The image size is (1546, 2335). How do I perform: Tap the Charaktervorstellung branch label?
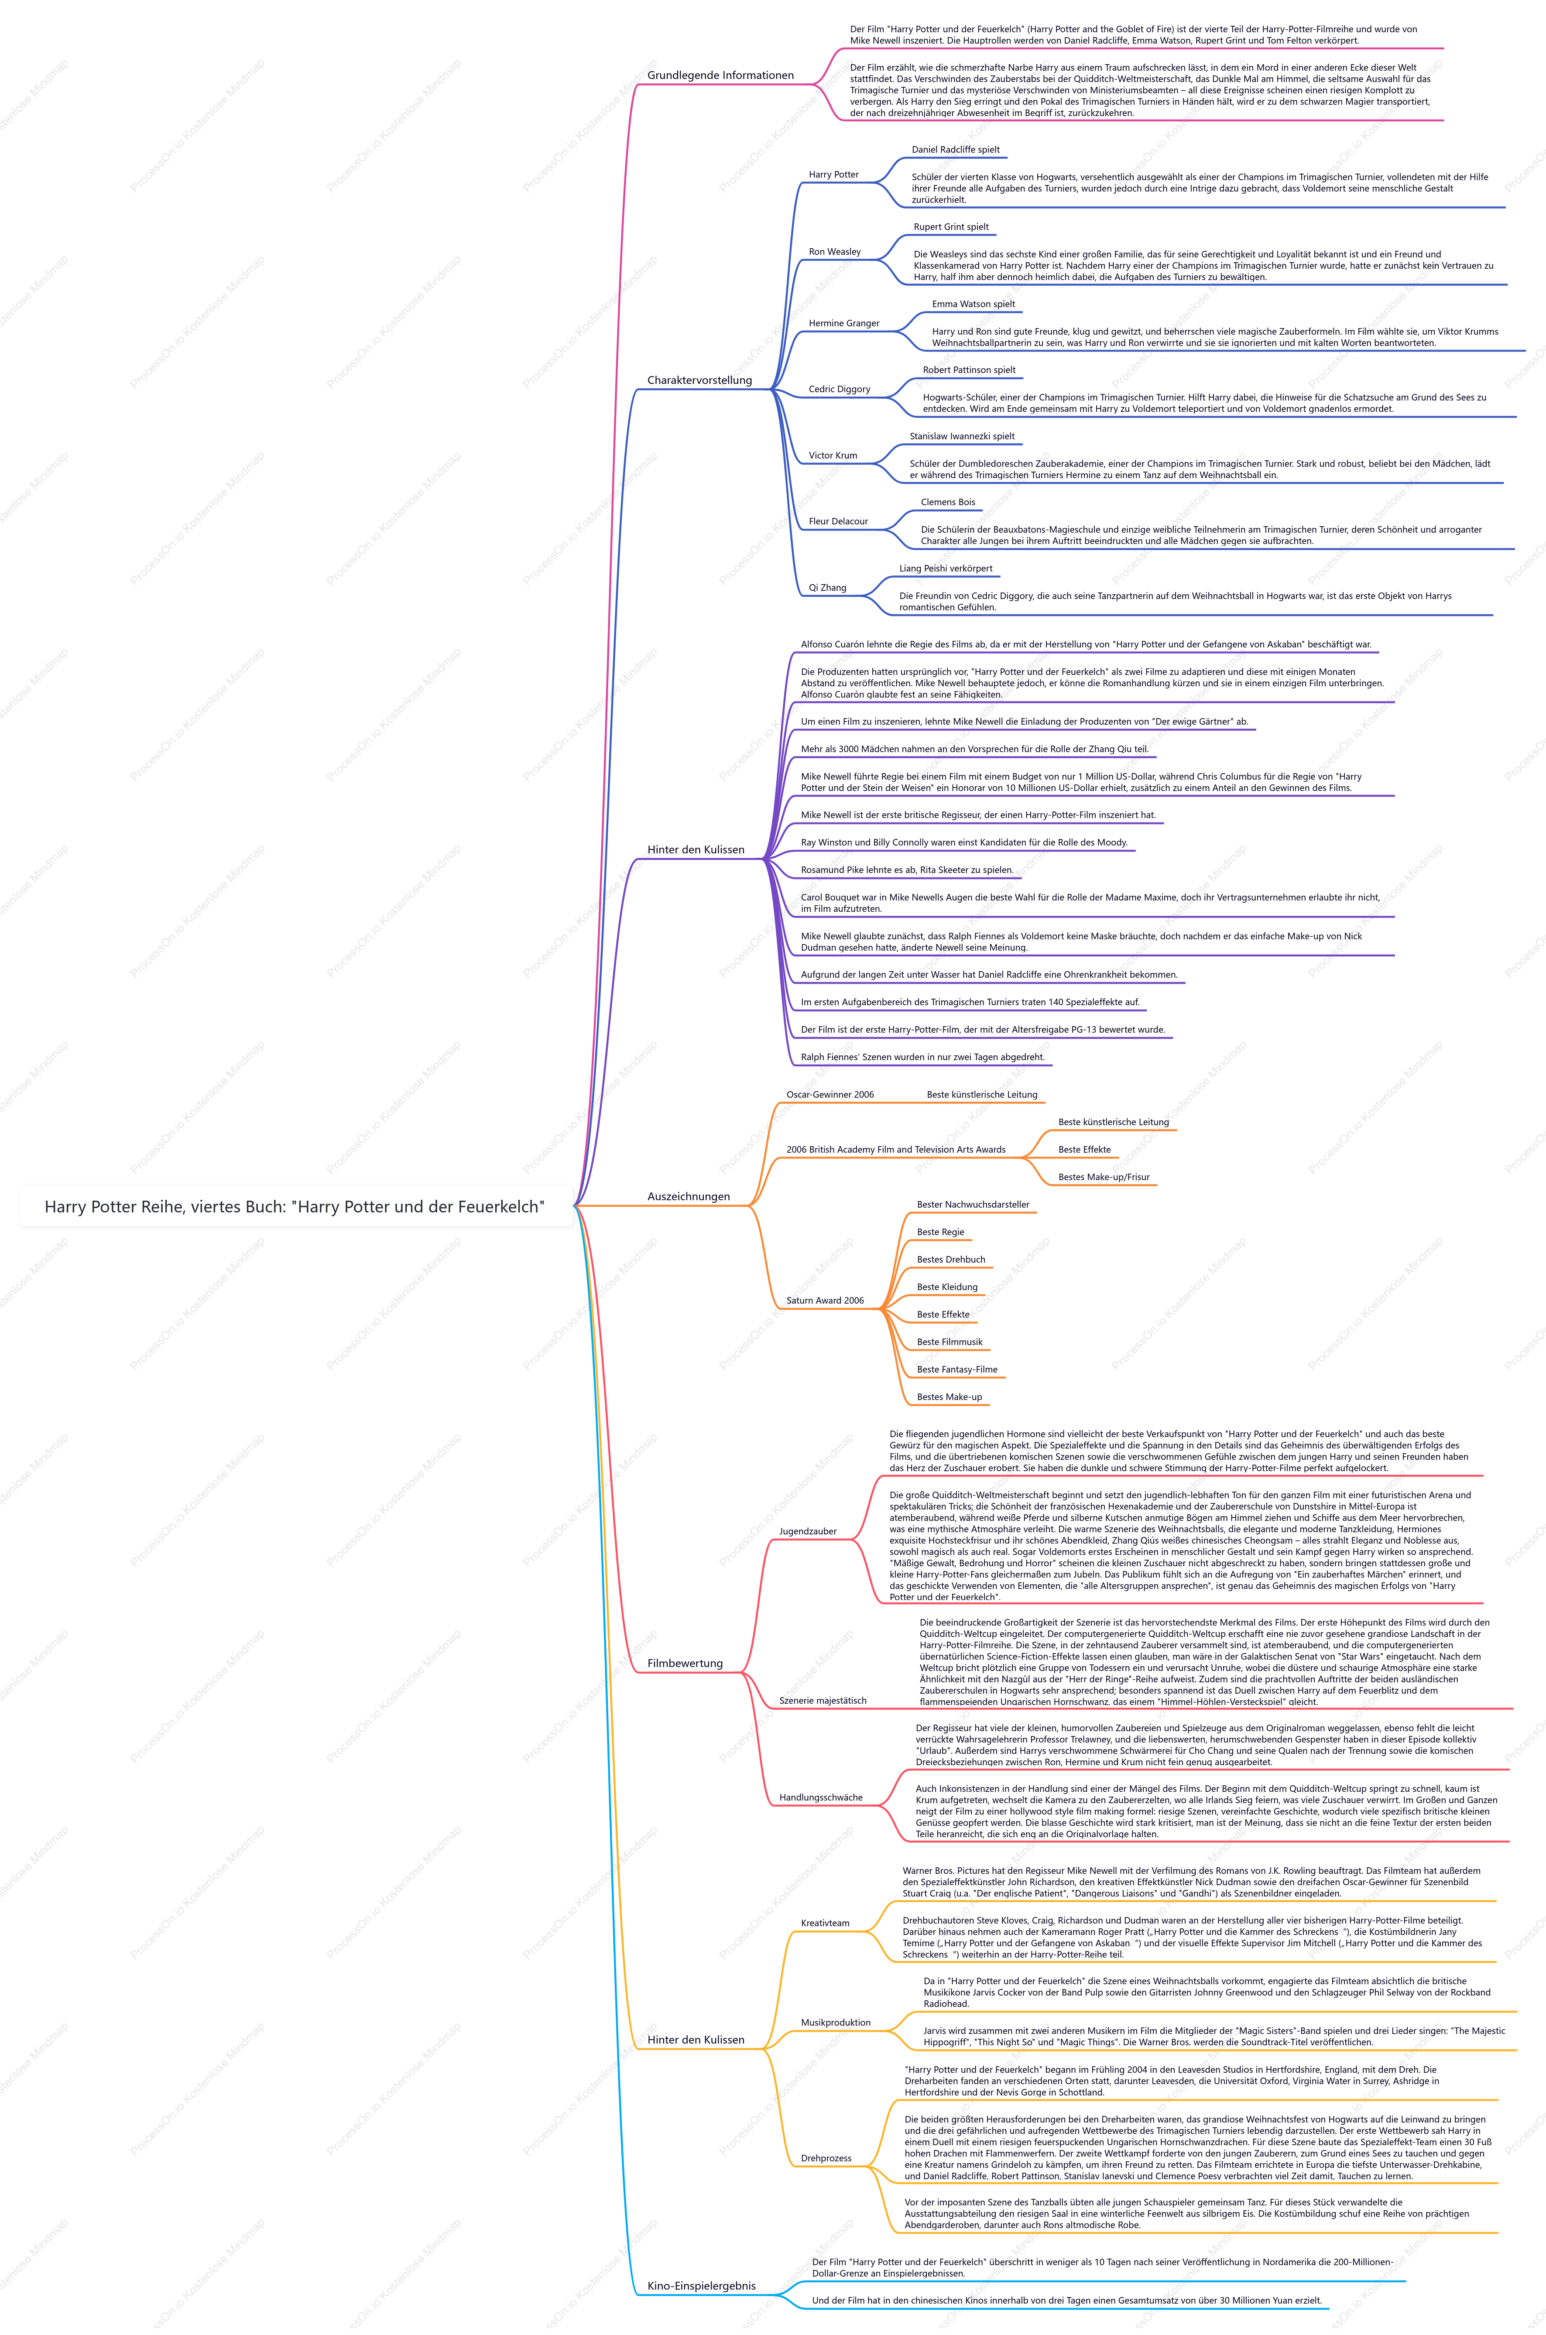click(699, 380)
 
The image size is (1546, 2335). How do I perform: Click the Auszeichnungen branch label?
click(688, 1197)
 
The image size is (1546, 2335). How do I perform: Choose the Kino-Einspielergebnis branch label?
click(701, 2286)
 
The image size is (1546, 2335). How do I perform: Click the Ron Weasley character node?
click(834, 252)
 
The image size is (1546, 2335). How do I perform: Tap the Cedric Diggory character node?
click(839, 389)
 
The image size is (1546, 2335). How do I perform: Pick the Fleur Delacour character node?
click(838, 521)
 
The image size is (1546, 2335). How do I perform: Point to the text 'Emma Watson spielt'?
click(973, 305)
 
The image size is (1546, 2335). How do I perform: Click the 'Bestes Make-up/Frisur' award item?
click(1103, 1178)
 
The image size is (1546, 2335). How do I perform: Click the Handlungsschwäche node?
click(820, 1798)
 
